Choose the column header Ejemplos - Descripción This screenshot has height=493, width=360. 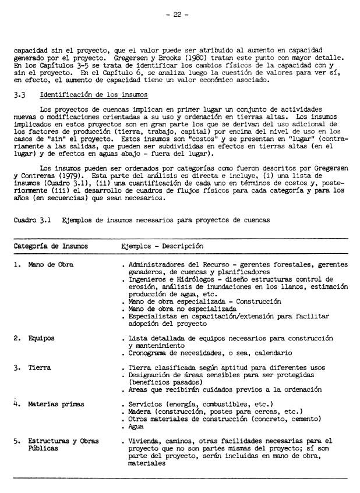coord(162,246)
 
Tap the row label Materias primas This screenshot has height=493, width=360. coord(56,404)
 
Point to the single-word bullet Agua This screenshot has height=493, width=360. coord(136,426)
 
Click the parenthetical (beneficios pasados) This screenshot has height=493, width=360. coord(166,382)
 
